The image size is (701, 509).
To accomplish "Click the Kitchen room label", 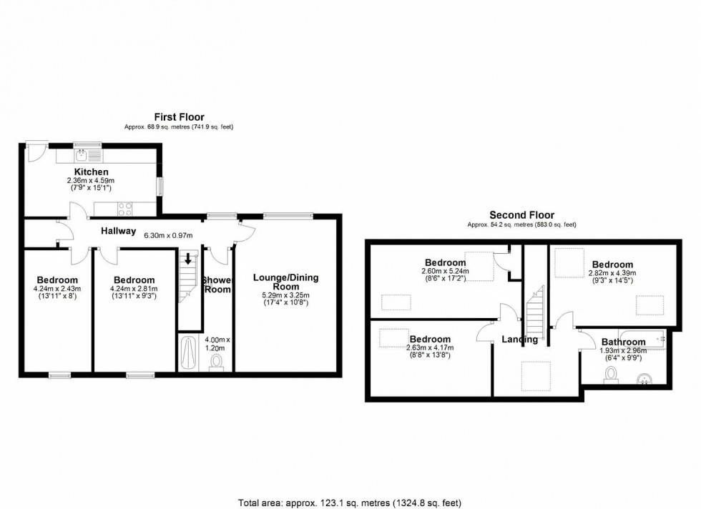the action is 92,172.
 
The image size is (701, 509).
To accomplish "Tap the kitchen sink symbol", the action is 82,156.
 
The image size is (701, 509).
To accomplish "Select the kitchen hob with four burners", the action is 124,209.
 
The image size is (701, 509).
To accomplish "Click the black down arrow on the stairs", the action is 188,258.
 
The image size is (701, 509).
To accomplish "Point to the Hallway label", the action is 118,231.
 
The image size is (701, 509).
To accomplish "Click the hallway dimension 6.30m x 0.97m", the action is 168,235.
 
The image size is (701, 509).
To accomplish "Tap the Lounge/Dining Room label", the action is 286,282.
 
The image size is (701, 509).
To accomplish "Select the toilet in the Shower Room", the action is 217,362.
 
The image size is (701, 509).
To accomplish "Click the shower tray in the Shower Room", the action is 189,353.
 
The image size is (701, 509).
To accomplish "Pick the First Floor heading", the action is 180,117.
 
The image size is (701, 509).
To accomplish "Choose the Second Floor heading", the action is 521,215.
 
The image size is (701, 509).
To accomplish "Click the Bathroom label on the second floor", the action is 623,342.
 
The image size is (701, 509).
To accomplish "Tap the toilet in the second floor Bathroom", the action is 611,375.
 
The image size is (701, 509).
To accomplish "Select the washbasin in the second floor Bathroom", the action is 644,380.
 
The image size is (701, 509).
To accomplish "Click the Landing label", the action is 519,339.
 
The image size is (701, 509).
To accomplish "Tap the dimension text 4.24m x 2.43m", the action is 57,289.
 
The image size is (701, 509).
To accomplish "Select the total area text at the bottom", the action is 350,503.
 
